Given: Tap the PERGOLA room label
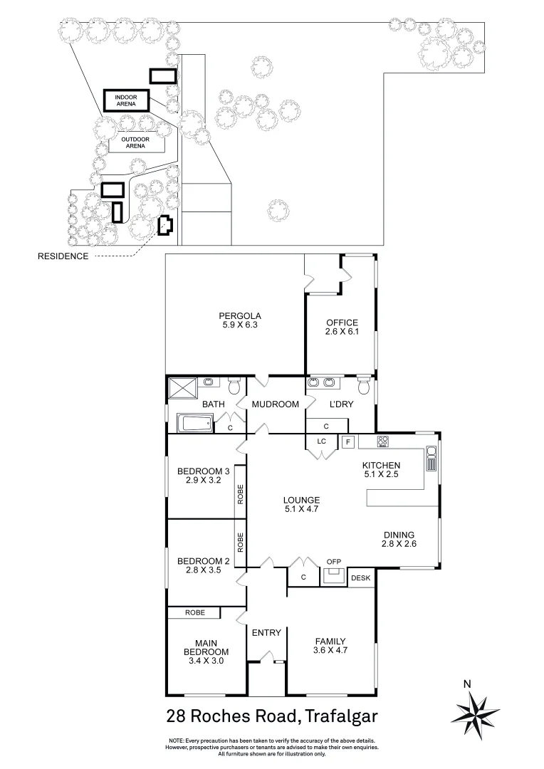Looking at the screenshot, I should pos(241,315).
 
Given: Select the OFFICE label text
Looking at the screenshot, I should pos(341,323).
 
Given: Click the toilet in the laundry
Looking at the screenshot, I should pos(364,386).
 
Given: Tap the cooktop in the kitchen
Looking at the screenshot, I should pos(382,441).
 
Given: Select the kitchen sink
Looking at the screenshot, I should pos(431,459).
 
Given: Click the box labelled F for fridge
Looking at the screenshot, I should pos(348,442).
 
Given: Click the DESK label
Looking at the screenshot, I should pos(361,578).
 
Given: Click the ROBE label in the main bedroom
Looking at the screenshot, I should pos(194,612).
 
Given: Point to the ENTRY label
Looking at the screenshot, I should pos(267,632).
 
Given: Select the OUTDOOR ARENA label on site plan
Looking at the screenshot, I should pos(135,142).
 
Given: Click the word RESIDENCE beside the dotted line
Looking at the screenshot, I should pos(63,256).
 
